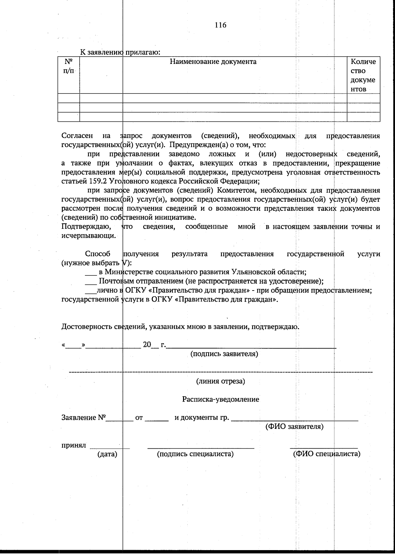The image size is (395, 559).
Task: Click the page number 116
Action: (221, 25)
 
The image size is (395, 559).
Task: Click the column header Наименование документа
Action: (213, 62)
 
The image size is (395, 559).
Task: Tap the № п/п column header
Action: (68, 66)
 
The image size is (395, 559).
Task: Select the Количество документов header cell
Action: (363, 75)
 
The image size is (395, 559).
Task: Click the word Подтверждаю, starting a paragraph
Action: (86, 227)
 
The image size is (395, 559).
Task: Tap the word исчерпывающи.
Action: (88, 236)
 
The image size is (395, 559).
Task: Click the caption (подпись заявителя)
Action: (224, 354)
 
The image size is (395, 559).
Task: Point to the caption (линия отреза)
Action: (221, 381)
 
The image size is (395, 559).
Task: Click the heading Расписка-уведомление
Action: (221, 399)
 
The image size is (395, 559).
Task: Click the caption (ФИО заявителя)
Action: (294, 427)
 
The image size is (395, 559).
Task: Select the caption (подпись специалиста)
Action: (195, 454)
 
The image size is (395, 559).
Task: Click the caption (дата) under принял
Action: (107, 454)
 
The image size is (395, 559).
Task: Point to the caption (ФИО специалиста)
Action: (327, 454)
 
